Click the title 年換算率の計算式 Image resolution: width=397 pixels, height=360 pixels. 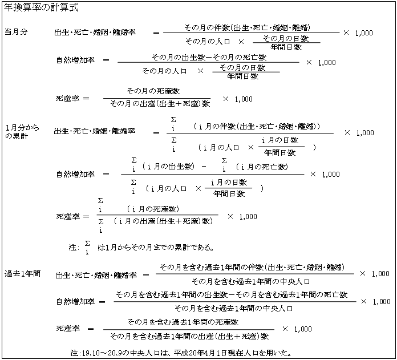[x=41, y=7]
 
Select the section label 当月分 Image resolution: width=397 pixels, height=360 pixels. [x=16, y=32]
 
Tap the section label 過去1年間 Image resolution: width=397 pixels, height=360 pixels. [x=23, y=274]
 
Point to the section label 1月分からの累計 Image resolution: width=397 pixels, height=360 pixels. [x=22, y=132]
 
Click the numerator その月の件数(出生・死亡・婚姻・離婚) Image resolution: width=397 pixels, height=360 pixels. [x=247, y=27]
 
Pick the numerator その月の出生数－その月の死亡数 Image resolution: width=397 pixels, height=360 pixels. [x=209, y=57]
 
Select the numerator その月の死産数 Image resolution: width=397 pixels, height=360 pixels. [x=153, y=91]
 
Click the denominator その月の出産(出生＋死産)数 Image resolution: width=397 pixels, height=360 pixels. [x=160, y=103]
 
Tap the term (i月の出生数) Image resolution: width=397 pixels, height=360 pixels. [x=168, y=167]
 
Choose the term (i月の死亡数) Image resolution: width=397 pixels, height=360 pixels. [x=262, y=167]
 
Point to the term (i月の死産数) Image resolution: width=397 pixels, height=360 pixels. [x=153, y=209]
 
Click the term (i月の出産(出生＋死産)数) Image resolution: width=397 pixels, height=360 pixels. [x=163, y=221]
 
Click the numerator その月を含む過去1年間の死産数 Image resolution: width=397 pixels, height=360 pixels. [x=183, y=322]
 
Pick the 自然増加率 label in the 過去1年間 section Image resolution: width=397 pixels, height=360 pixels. [x=75, y=301]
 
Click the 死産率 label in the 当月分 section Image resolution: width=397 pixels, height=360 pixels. [x=68, y=98]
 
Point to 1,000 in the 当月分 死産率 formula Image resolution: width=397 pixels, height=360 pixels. [x=244, y=99]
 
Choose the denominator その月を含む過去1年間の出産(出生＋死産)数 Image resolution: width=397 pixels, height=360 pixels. [x=189, y=336]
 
